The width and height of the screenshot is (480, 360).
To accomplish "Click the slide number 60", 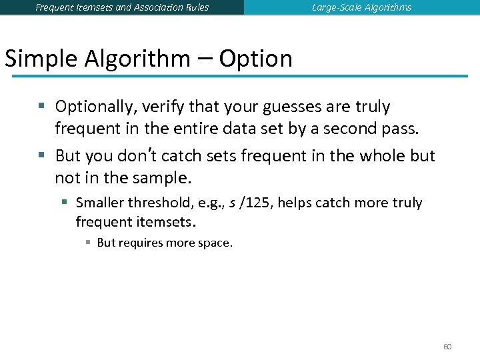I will point(447,347).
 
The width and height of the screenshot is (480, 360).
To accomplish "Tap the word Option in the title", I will point(255,59).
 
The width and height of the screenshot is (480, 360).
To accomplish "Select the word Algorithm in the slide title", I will point(137,59).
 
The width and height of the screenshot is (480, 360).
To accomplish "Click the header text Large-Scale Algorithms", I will point(361,7).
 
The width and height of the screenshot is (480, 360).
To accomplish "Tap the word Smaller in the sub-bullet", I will point(99,203).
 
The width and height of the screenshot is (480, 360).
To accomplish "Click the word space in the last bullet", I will point(214,243).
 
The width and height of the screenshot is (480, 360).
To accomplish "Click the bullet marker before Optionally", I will point(41,106).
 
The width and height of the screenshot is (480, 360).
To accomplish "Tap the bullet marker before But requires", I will point(89,242).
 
